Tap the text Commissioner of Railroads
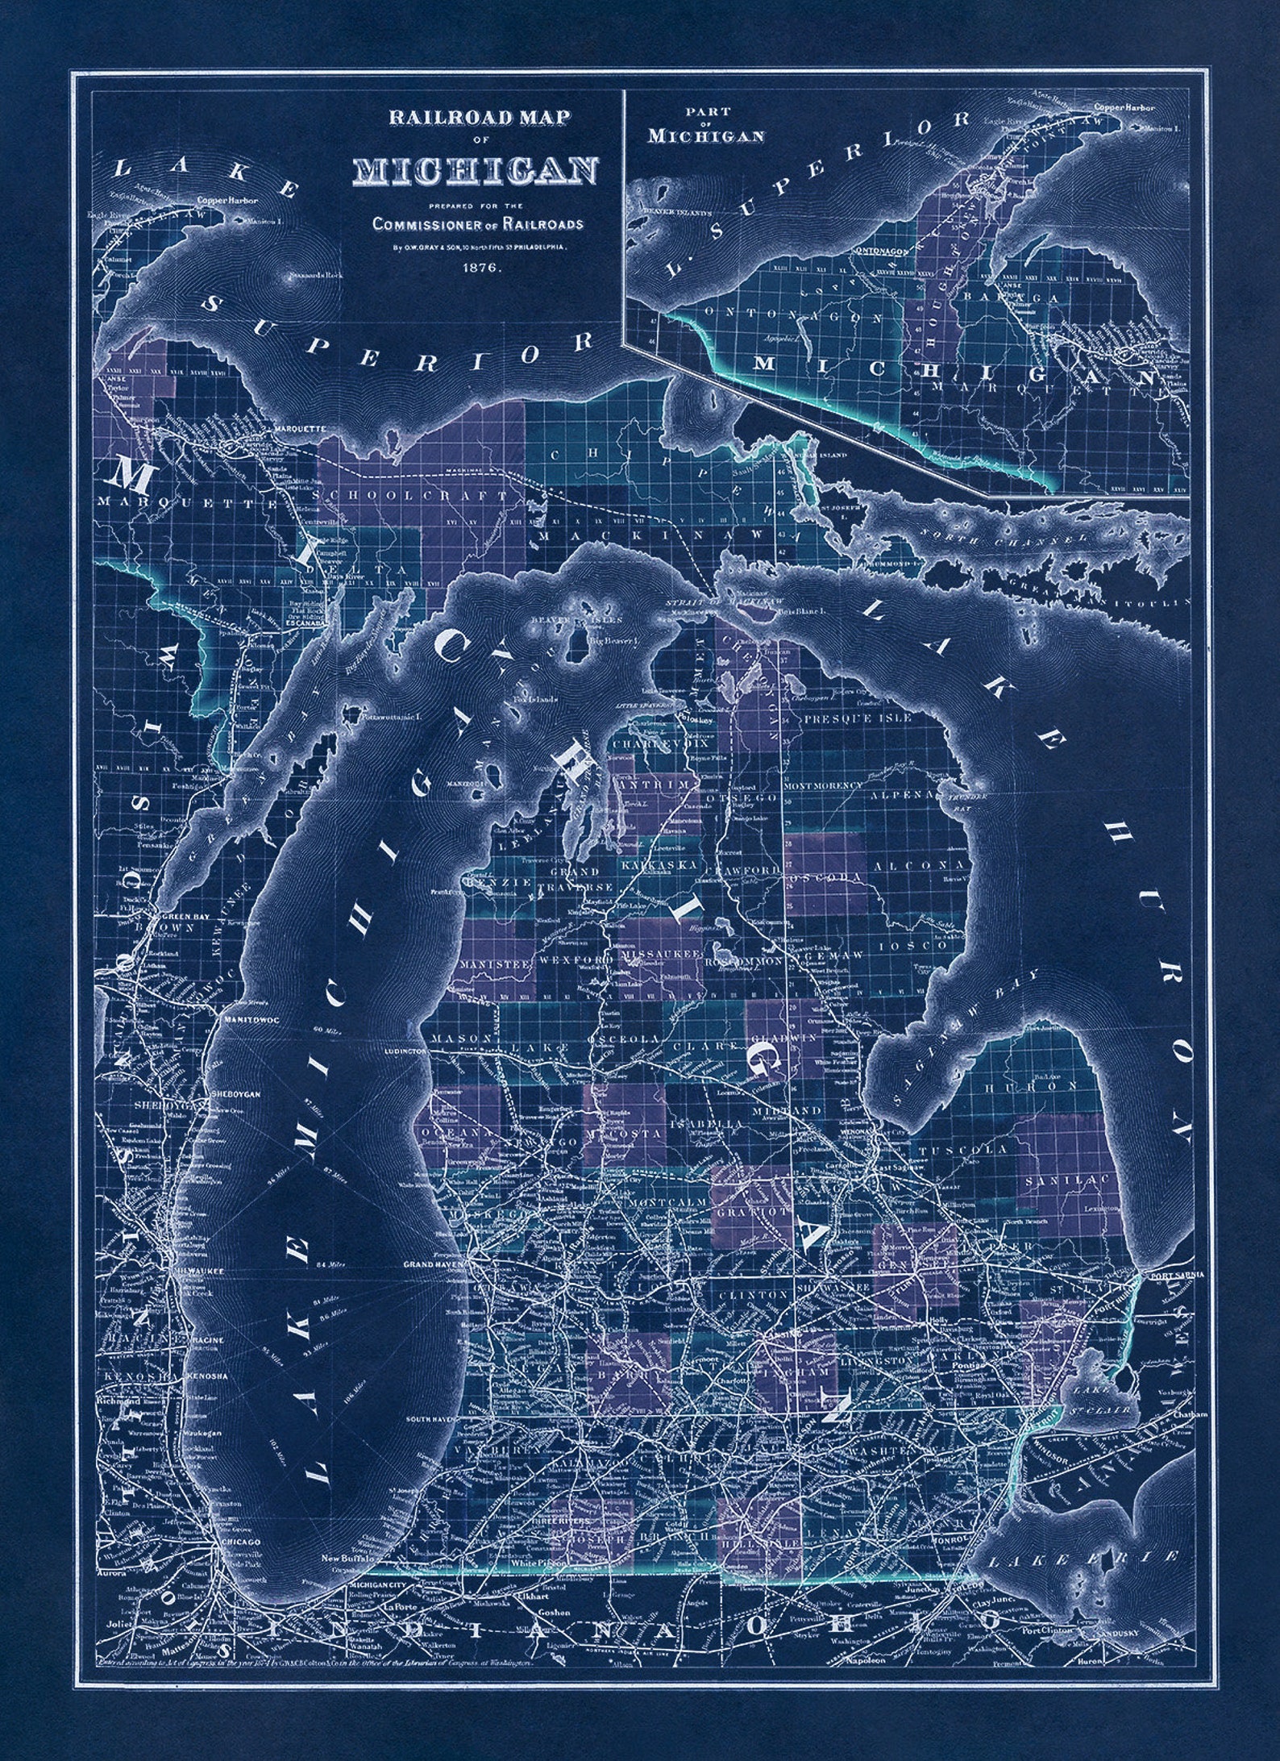(x=477, y=224)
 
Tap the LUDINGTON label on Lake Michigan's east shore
(x=405, y=1053)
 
